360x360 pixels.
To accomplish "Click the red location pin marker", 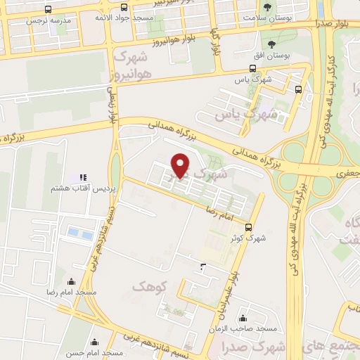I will point(181,165).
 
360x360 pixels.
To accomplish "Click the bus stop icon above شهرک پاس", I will point(252,69).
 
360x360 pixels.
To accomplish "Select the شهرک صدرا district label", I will point(266,346).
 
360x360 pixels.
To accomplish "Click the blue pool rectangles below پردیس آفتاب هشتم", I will point(79,233).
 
